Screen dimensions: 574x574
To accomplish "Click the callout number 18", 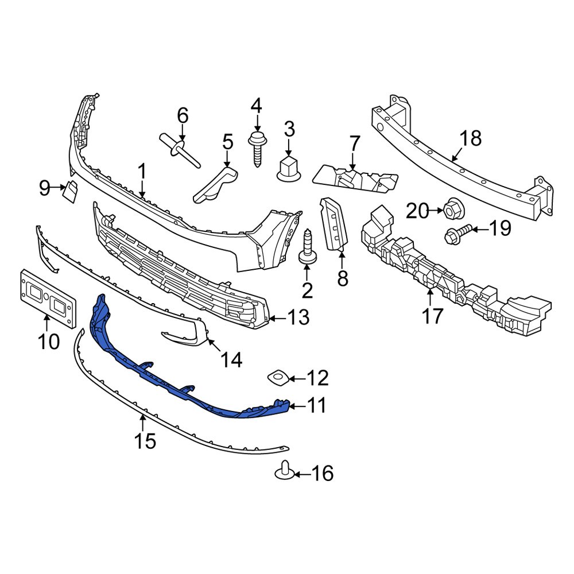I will tap(471, 138).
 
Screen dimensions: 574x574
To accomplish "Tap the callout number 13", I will tap(299, 317).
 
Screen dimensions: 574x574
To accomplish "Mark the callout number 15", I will tap(145, 441).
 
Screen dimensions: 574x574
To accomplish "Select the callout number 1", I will tap(141, 170).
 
